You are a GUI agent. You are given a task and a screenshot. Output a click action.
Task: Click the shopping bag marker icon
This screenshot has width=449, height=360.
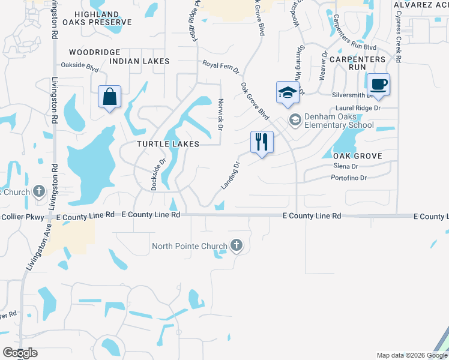coord(110,97)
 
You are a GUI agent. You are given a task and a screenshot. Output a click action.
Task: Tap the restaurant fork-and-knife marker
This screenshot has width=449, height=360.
coord(262,142)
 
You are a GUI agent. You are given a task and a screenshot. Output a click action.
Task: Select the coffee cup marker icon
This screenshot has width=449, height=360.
coord(378,83)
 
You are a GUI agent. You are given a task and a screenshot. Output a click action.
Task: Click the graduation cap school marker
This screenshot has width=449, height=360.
coord(287,92)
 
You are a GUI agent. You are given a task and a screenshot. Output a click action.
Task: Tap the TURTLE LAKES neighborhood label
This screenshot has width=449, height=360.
coord(167,145)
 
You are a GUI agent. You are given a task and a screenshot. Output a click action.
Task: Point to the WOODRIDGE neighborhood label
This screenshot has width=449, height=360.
coord(95,52)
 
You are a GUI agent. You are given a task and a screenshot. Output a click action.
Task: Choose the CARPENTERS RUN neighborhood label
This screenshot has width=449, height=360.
coord(357,64)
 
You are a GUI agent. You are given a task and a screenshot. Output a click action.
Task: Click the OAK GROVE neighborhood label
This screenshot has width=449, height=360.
coord(357,156)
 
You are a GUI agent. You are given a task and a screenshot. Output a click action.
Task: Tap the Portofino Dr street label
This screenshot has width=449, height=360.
coord(349,178)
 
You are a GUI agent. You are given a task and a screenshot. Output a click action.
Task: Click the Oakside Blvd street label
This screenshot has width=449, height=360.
coord(79,66)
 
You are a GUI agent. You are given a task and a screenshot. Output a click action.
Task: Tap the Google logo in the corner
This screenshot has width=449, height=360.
coord(20,353)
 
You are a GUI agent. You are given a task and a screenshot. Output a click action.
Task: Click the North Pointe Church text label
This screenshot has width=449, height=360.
coord(190,246)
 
